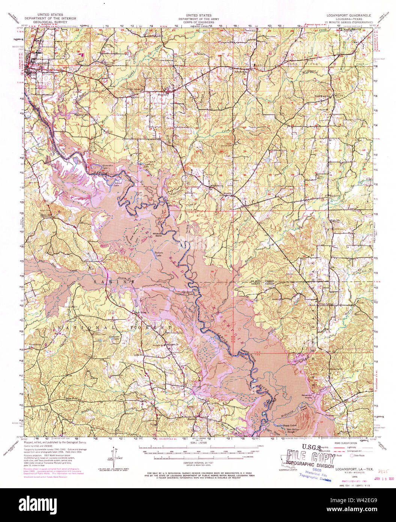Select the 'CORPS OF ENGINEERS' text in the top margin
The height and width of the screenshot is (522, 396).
194,22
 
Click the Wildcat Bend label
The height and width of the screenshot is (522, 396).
157,235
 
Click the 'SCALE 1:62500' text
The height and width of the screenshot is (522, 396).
193,443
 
